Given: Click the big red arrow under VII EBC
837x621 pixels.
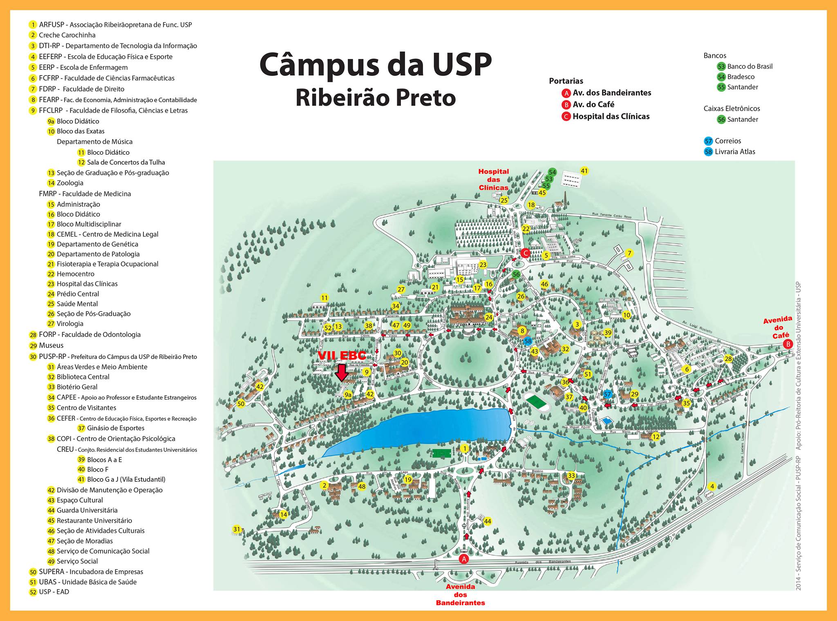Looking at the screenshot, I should pyautogui.click(x=342, y=372).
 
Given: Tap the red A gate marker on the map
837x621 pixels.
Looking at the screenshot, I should pyautogui.click(x=463, y=559).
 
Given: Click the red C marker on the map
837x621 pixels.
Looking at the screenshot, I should pyautogui.click(x=525, y=253).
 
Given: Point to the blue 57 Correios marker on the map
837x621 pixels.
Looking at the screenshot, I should pyautogui.click(x=607, y=394).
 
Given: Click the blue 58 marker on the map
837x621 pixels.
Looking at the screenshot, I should pyautogui.click(x=528, y=341).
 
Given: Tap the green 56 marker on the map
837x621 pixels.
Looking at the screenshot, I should pyautogui.click(x=516, y=274).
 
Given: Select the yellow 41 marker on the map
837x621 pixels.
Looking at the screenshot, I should pyautogui.click(x=584, y=171).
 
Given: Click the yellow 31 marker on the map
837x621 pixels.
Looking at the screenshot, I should pyautogui.click(x=237, y=530).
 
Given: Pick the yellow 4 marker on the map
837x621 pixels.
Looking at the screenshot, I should pyautogui.click(x=712, y=486).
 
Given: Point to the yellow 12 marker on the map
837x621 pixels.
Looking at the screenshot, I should pyautogui.click(x=656, y=437).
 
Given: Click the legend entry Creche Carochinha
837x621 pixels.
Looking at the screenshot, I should pyautogui.click(x=67, y=35).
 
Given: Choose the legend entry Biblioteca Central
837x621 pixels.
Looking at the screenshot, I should pyautogui.click(x=83, y=377).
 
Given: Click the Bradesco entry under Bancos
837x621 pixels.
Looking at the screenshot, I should pyautogui.click(x=741, y=77).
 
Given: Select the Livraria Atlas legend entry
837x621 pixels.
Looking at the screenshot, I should pyautogui.click(x=734, y=151).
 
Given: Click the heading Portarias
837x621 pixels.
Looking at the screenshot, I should pyautogui.click(x=566, y=81).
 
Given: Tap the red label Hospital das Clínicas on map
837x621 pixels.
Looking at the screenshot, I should pyautogui.click(x=494, y=180).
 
